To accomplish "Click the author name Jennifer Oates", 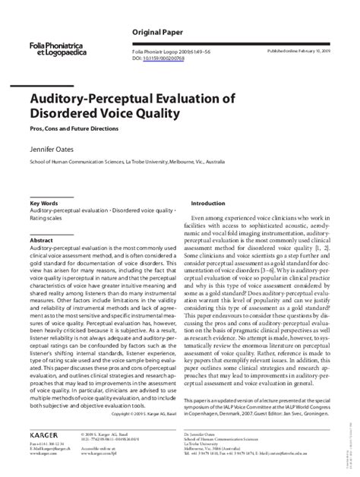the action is point(55,150).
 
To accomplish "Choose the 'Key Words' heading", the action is point(44,204).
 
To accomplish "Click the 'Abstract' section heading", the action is point(41,240).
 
